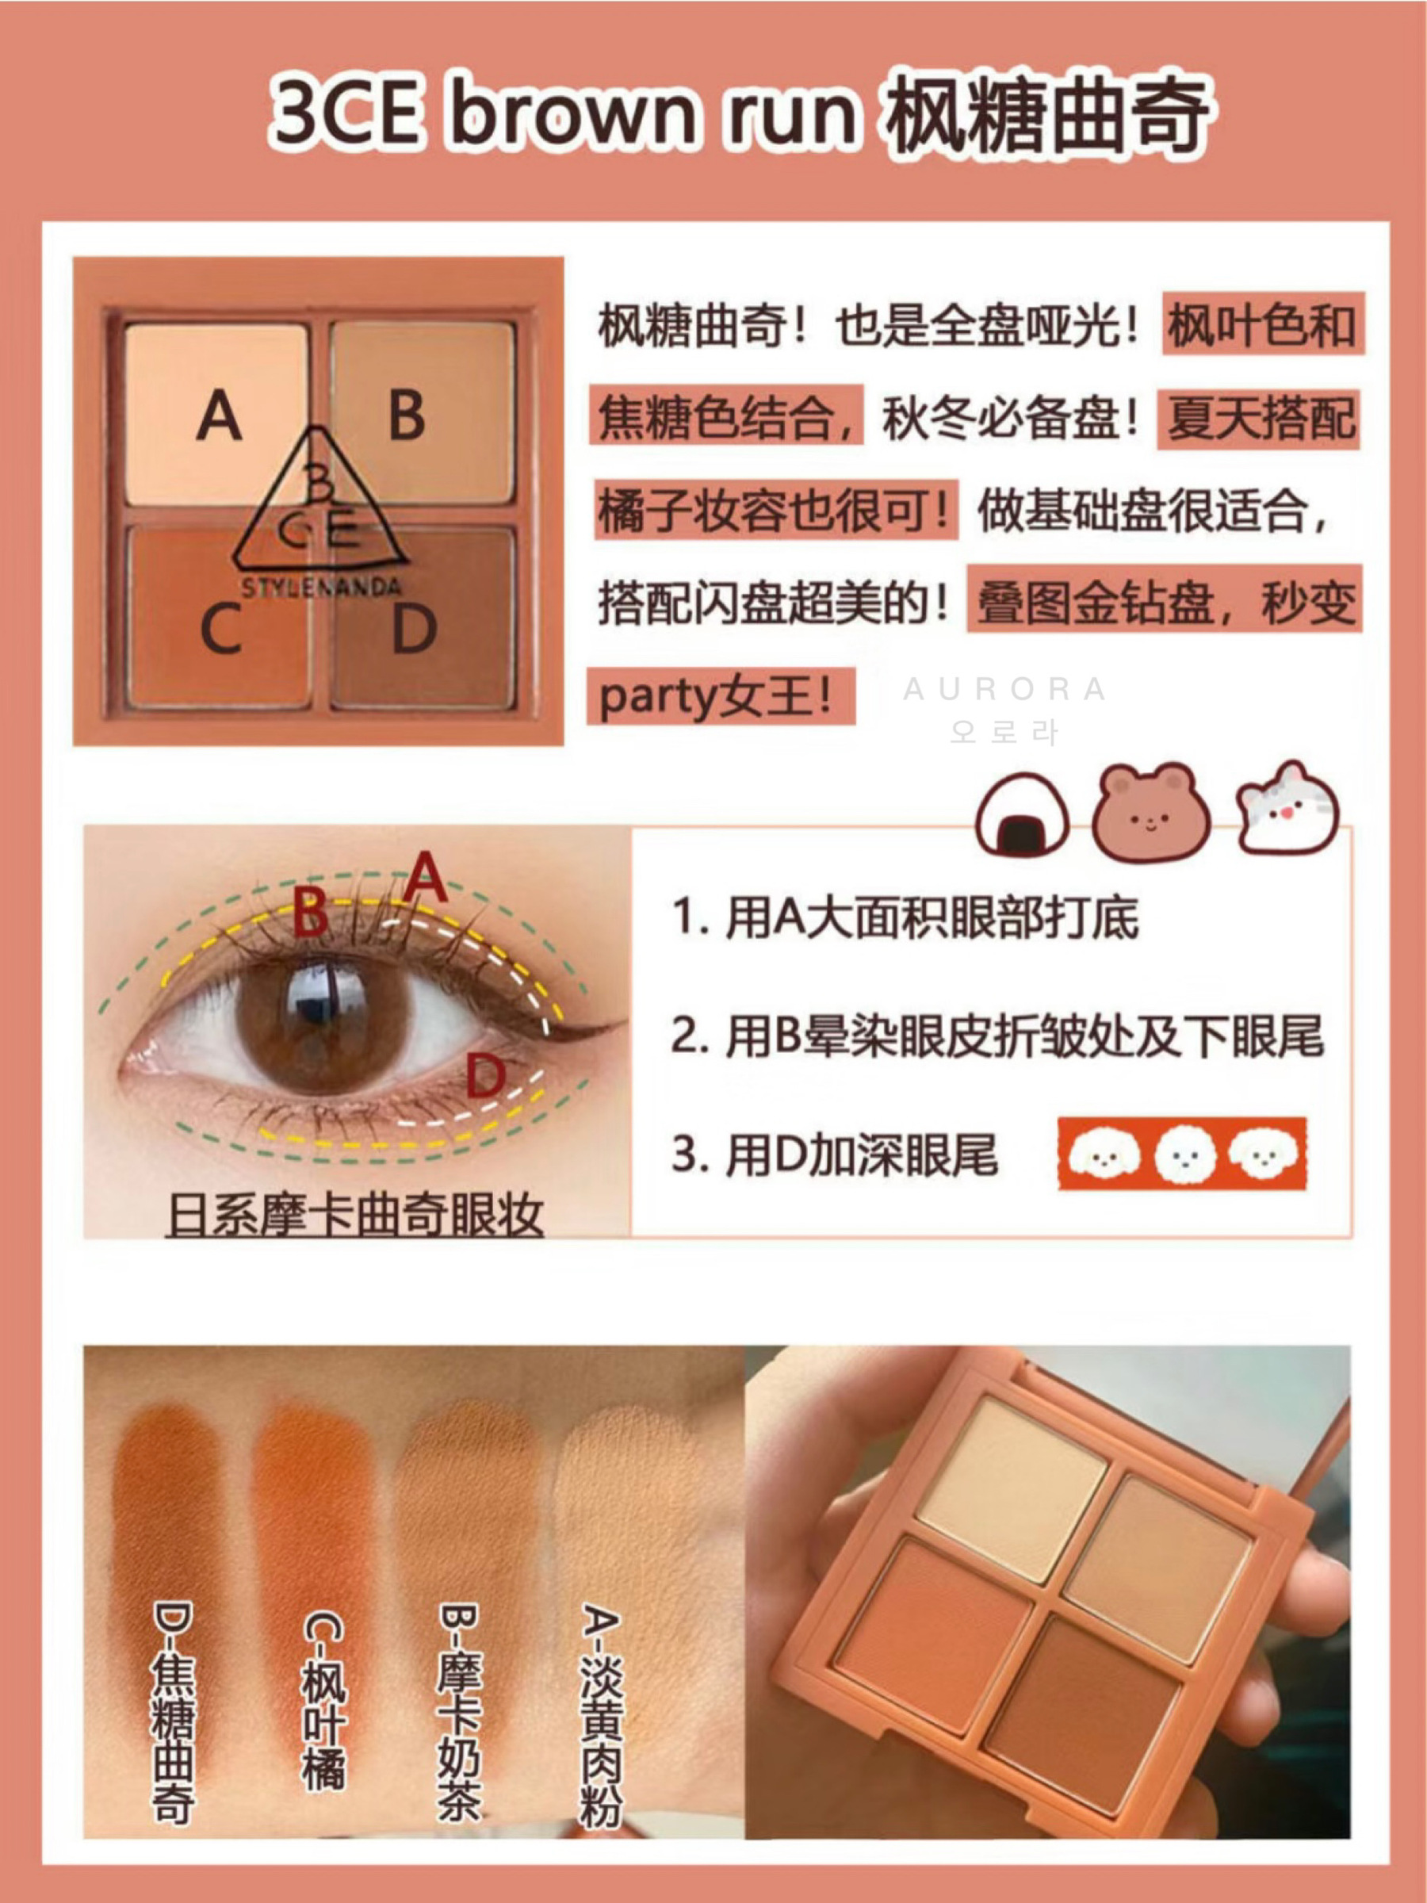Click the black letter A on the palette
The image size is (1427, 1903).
tap(219, 415)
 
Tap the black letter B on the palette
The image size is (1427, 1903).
tap(407, 415)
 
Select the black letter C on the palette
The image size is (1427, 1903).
tap(220, 628)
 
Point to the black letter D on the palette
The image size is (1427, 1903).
tap(414, 628)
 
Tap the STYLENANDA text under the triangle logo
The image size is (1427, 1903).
tap(321, 588)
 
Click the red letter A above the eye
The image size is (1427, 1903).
tap(426, 877)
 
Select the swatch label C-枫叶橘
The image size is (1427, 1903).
tap(323, 1699)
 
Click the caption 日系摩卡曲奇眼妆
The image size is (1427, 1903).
tap(354, 1216)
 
